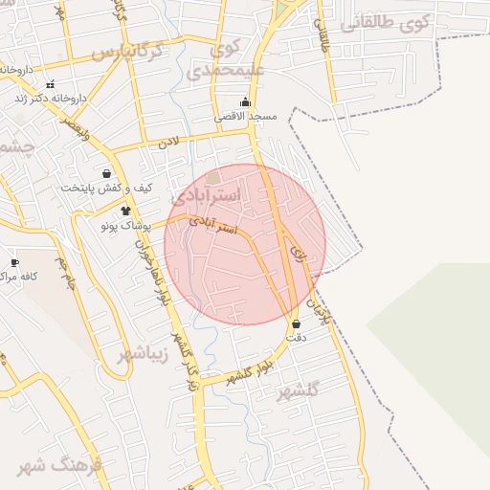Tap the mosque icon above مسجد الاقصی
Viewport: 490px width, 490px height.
click(x=246, y=102)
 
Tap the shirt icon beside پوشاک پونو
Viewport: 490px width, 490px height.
click(x=124, y=211)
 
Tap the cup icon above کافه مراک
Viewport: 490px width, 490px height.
click(x=14, y=262)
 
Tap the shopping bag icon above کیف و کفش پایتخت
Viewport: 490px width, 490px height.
click(x=92, y=173)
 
